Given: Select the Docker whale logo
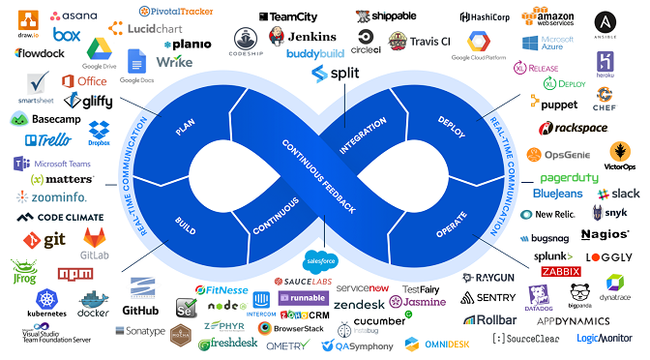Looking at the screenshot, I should (94, 302).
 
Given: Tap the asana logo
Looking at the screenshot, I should (74, 16).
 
